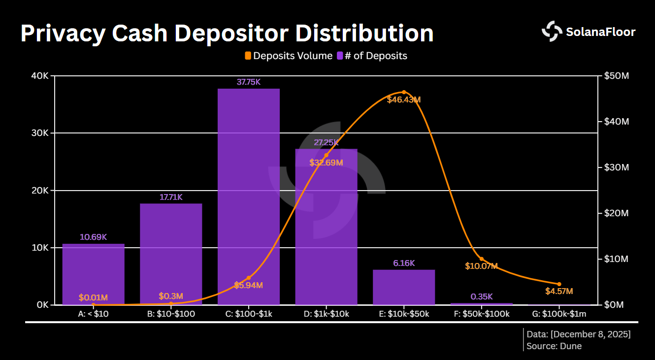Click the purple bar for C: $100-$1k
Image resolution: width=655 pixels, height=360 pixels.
point(248,197)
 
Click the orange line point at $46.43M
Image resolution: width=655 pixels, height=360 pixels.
point(404,92)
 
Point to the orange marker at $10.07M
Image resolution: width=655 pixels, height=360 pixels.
point(482,259)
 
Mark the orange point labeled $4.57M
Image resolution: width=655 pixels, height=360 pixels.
point(559,284)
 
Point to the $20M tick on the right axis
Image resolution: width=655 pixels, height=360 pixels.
point(617,213)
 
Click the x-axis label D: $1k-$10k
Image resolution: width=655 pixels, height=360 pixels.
point(326,314)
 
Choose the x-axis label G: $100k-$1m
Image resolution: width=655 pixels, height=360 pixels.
point(559,314)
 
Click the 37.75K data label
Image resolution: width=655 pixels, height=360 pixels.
point(248,82)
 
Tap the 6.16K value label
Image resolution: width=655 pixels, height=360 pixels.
point(404,263)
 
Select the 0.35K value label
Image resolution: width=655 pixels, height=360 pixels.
point(482,296)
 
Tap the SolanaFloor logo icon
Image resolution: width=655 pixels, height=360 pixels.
point(552,32)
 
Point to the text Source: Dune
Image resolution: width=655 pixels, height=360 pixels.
point(554,346)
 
